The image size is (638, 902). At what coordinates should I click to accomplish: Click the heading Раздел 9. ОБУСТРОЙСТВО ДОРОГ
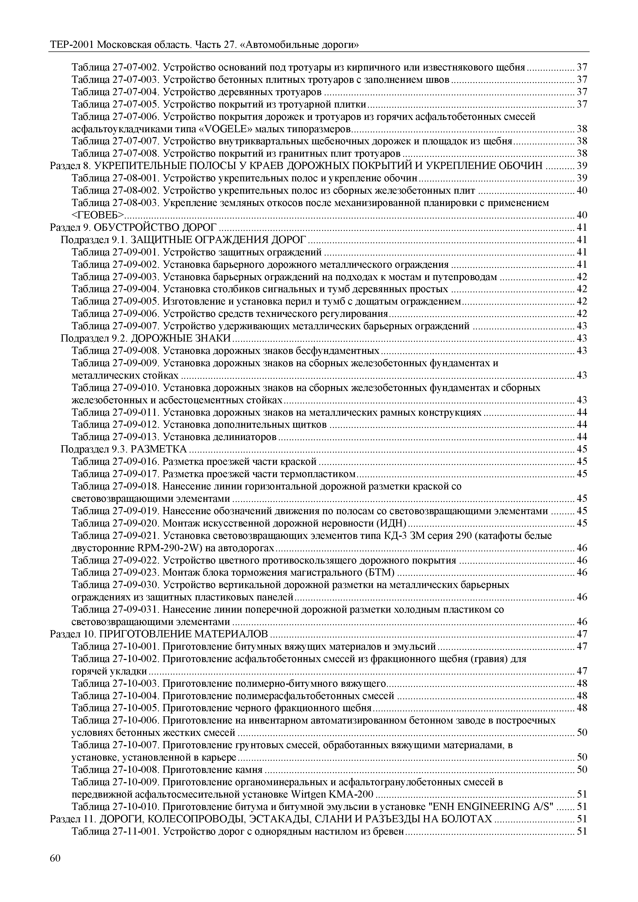point(133,227)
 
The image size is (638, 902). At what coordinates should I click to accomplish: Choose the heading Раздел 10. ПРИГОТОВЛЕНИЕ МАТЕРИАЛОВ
point(159,634)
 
